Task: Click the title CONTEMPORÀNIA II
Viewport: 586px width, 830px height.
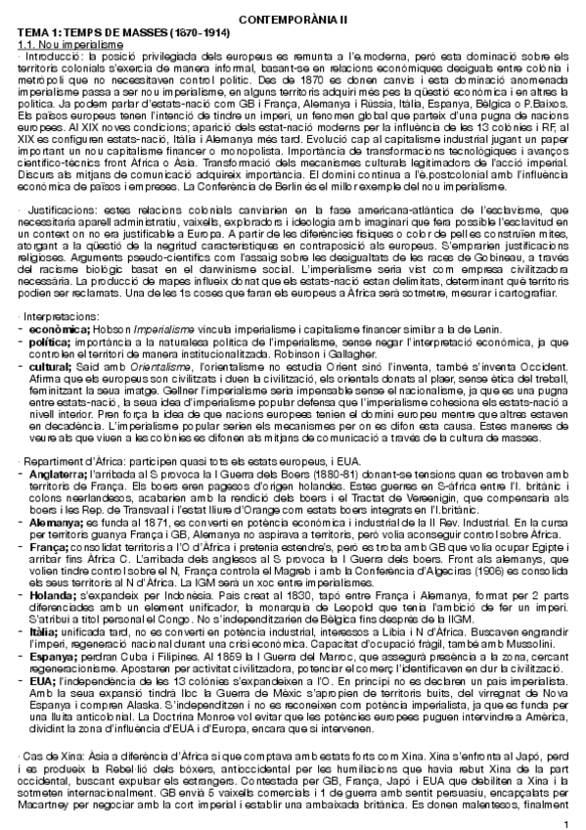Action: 293,19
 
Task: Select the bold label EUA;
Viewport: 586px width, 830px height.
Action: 39,706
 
